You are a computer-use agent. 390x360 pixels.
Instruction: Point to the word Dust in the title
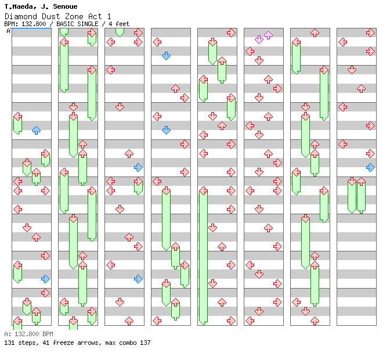(48, 16)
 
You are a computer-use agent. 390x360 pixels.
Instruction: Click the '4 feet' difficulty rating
(119, 24)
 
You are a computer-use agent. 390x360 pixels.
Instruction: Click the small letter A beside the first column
(8, 31)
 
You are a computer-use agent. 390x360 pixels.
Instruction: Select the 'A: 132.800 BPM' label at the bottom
(28, 334)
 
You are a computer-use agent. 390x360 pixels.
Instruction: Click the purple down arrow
(259, 39)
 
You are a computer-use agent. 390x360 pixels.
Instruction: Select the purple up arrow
(268, 35)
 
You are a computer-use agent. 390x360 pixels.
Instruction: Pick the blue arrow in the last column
(370, 167)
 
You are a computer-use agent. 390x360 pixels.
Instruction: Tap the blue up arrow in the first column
(36, 130)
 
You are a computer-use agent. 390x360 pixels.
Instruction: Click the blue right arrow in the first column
(45, 279)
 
